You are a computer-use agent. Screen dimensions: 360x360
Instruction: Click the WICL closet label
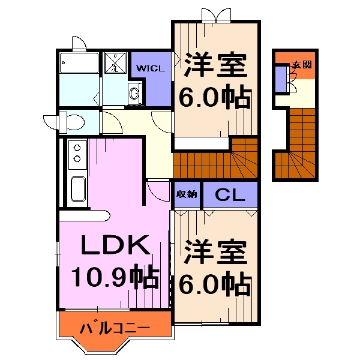pyautogui.click(x=151, y=68)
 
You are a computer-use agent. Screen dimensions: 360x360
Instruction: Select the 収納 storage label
pyautogui.click(x=187, y=194)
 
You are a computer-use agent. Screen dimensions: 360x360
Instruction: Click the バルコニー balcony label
pyautogui.click(x=115, y=328)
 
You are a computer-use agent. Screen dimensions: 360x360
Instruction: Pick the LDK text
pyautogui.click(x=114, y=246)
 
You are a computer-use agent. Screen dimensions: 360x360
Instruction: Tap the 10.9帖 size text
pyautogui.click(x=115, y=277)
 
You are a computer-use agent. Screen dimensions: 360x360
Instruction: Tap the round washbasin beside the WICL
pyautogui.click(x=134, y=93)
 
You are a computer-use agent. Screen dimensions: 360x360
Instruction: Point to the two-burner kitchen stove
pyautogui.click(x=77, y=152)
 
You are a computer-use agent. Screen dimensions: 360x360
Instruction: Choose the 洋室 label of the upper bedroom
pyautogui.click(x=215, y=65)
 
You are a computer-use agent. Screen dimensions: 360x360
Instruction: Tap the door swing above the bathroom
pyautogui.click(x=78, y=43)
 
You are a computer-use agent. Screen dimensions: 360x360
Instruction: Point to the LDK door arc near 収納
pyautogui.click(x=157, y=190)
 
